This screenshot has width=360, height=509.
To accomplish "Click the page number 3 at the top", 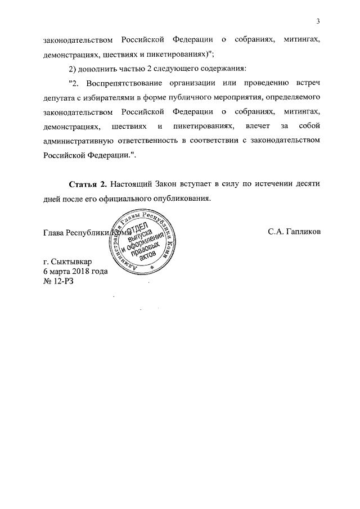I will pyautogui.click(x=318, y=21).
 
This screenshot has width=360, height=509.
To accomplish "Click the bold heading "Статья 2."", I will pyautogui.click(x=88, y=184).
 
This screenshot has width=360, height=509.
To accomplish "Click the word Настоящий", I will pyautogui.click(x=133, y=184).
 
